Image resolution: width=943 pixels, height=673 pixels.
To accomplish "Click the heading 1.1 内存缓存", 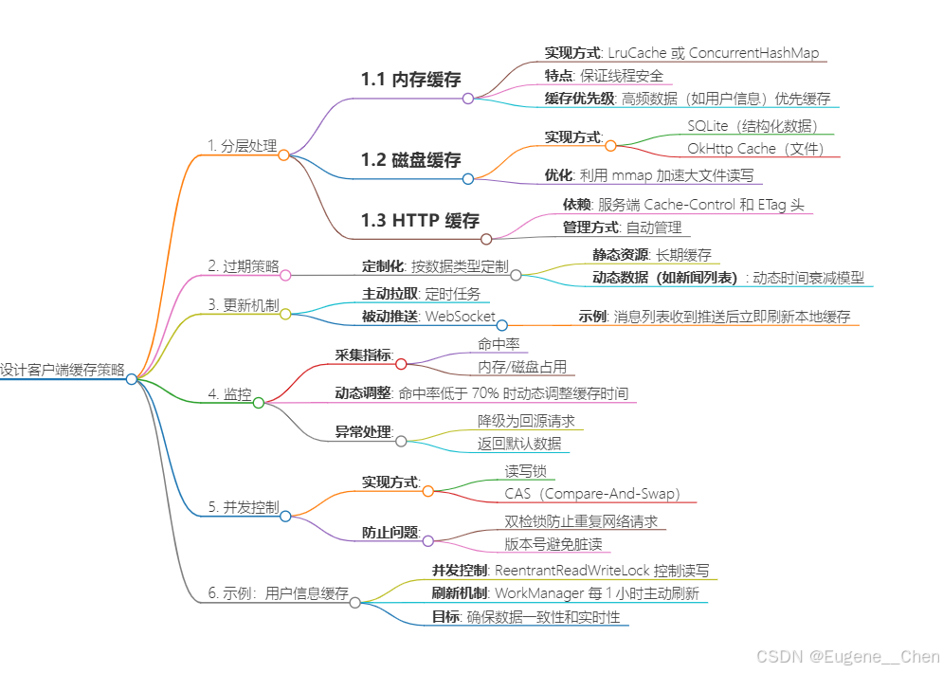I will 410,80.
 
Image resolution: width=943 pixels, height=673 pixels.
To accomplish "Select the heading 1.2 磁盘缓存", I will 410,159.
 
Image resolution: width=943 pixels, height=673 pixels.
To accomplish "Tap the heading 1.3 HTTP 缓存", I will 420,221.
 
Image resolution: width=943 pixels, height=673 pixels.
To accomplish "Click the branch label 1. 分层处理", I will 242,146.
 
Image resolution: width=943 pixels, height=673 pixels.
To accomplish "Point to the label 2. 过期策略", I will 244,266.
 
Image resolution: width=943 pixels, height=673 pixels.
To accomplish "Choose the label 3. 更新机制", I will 244,305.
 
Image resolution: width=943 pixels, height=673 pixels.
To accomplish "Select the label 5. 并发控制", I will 244,507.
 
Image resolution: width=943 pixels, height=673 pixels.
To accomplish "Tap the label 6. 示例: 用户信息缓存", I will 278,593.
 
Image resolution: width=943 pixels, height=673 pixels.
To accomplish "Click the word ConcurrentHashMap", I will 754,53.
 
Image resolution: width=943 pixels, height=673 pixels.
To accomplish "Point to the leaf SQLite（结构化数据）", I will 753,125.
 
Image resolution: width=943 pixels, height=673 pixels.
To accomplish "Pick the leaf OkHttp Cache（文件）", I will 756,148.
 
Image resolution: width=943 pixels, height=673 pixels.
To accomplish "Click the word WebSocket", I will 459,316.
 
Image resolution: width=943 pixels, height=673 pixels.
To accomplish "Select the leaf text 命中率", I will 499,345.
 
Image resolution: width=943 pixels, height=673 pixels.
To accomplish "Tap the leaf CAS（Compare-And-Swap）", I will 600,493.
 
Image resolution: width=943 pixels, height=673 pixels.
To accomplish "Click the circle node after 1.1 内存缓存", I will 467,98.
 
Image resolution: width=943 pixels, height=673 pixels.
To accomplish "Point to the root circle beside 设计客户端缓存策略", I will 132,378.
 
